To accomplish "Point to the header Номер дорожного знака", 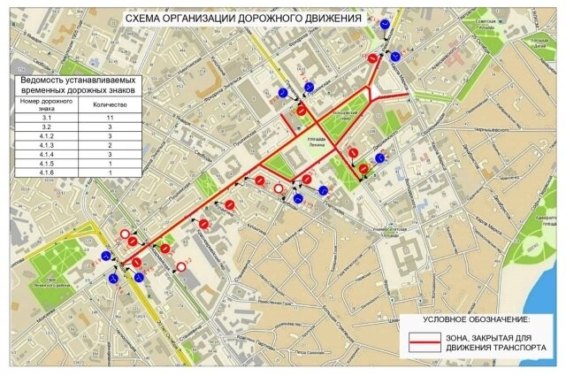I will tap(47, 104).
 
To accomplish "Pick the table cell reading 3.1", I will tap(47, 118).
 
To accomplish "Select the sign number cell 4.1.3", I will tap(47, 144).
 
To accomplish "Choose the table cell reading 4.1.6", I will tap(47, 173).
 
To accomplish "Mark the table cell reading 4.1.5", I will tap(47, 164).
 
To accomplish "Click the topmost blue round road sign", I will tap(386, 26).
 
